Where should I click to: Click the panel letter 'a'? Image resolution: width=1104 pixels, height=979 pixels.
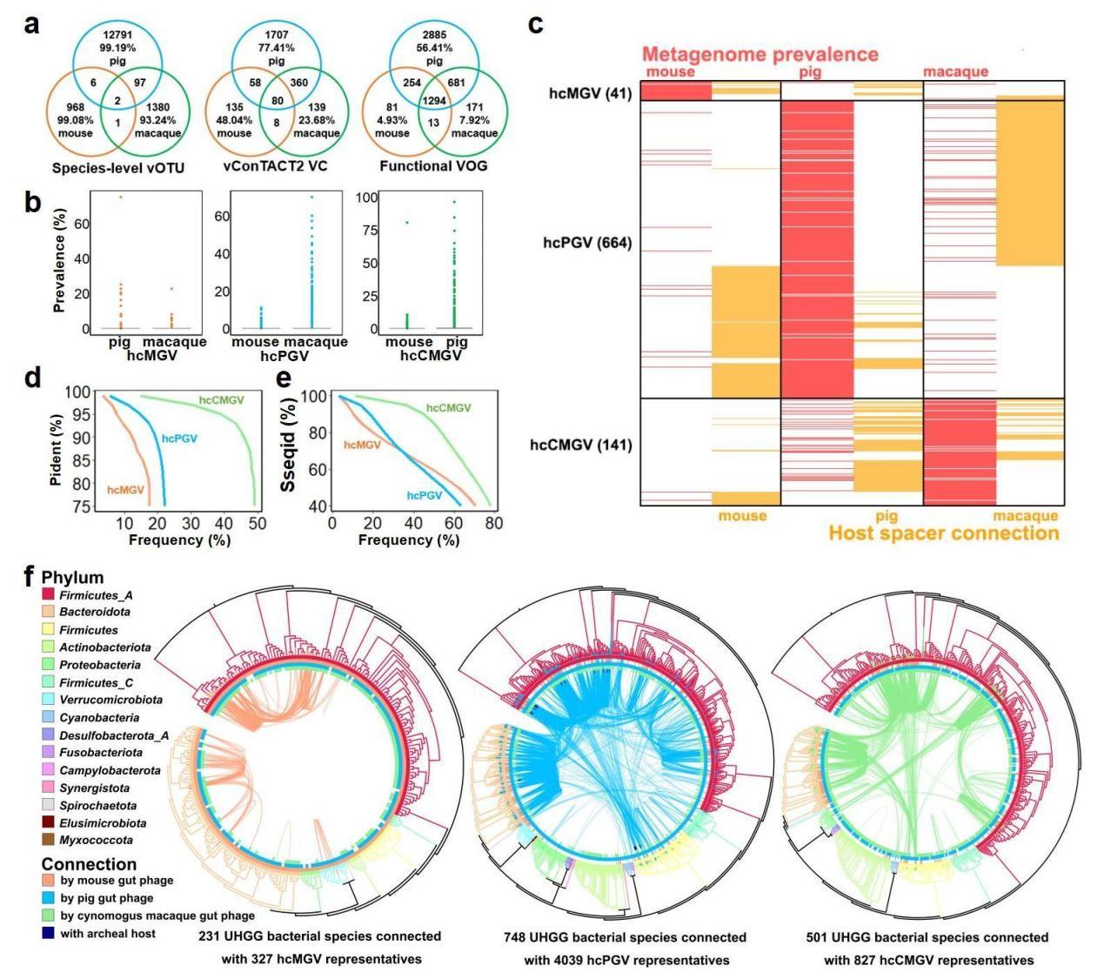coord(32,23)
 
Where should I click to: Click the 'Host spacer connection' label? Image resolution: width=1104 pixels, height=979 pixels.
coord(943,533)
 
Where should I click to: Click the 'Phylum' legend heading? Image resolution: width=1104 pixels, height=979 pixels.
coord(72,577)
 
